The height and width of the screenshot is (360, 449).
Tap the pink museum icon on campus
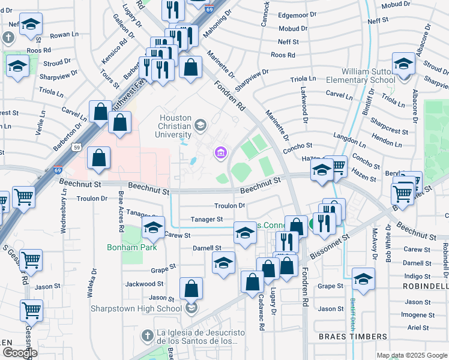[220, 154]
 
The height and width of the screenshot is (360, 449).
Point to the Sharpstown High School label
[136, 308]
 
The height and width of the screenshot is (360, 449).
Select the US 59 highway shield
[76, 146]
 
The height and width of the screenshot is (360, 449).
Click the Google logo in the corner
[19, 353]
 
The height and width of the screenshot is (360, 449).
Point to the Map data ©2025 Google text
[411, 355]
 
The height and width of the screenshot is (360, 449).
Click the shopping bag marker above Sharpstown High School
[191, 289]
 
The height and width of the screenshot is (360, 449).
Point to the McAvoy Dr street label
[374, 244]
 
